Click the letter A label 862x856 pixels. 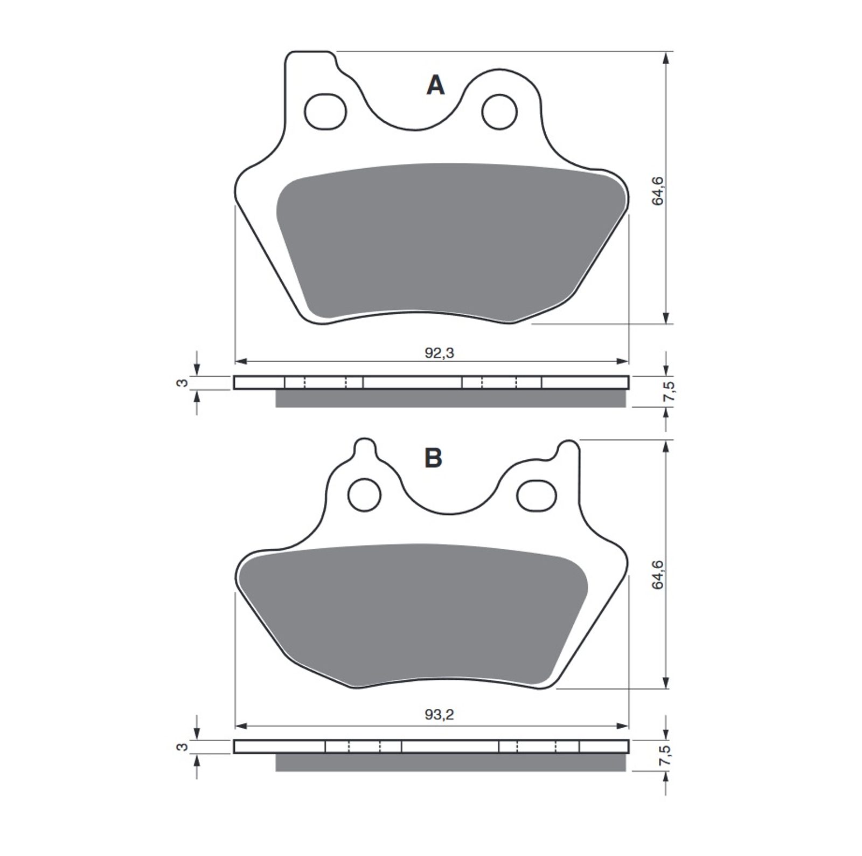click(435, 85)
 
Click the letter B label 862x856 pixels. click(434, 458)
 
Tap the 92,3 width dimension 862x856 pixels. click(440, 353)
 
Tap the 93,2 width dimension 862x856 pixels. click(440, 715)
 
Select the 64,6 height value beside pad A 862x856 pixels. click(657, 191)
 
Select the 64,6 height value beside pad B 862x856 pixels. click(657, 574)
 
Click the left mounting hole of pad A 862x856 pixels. click(325, 112)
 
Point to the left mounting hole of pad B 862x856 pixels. click(365, 494)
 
